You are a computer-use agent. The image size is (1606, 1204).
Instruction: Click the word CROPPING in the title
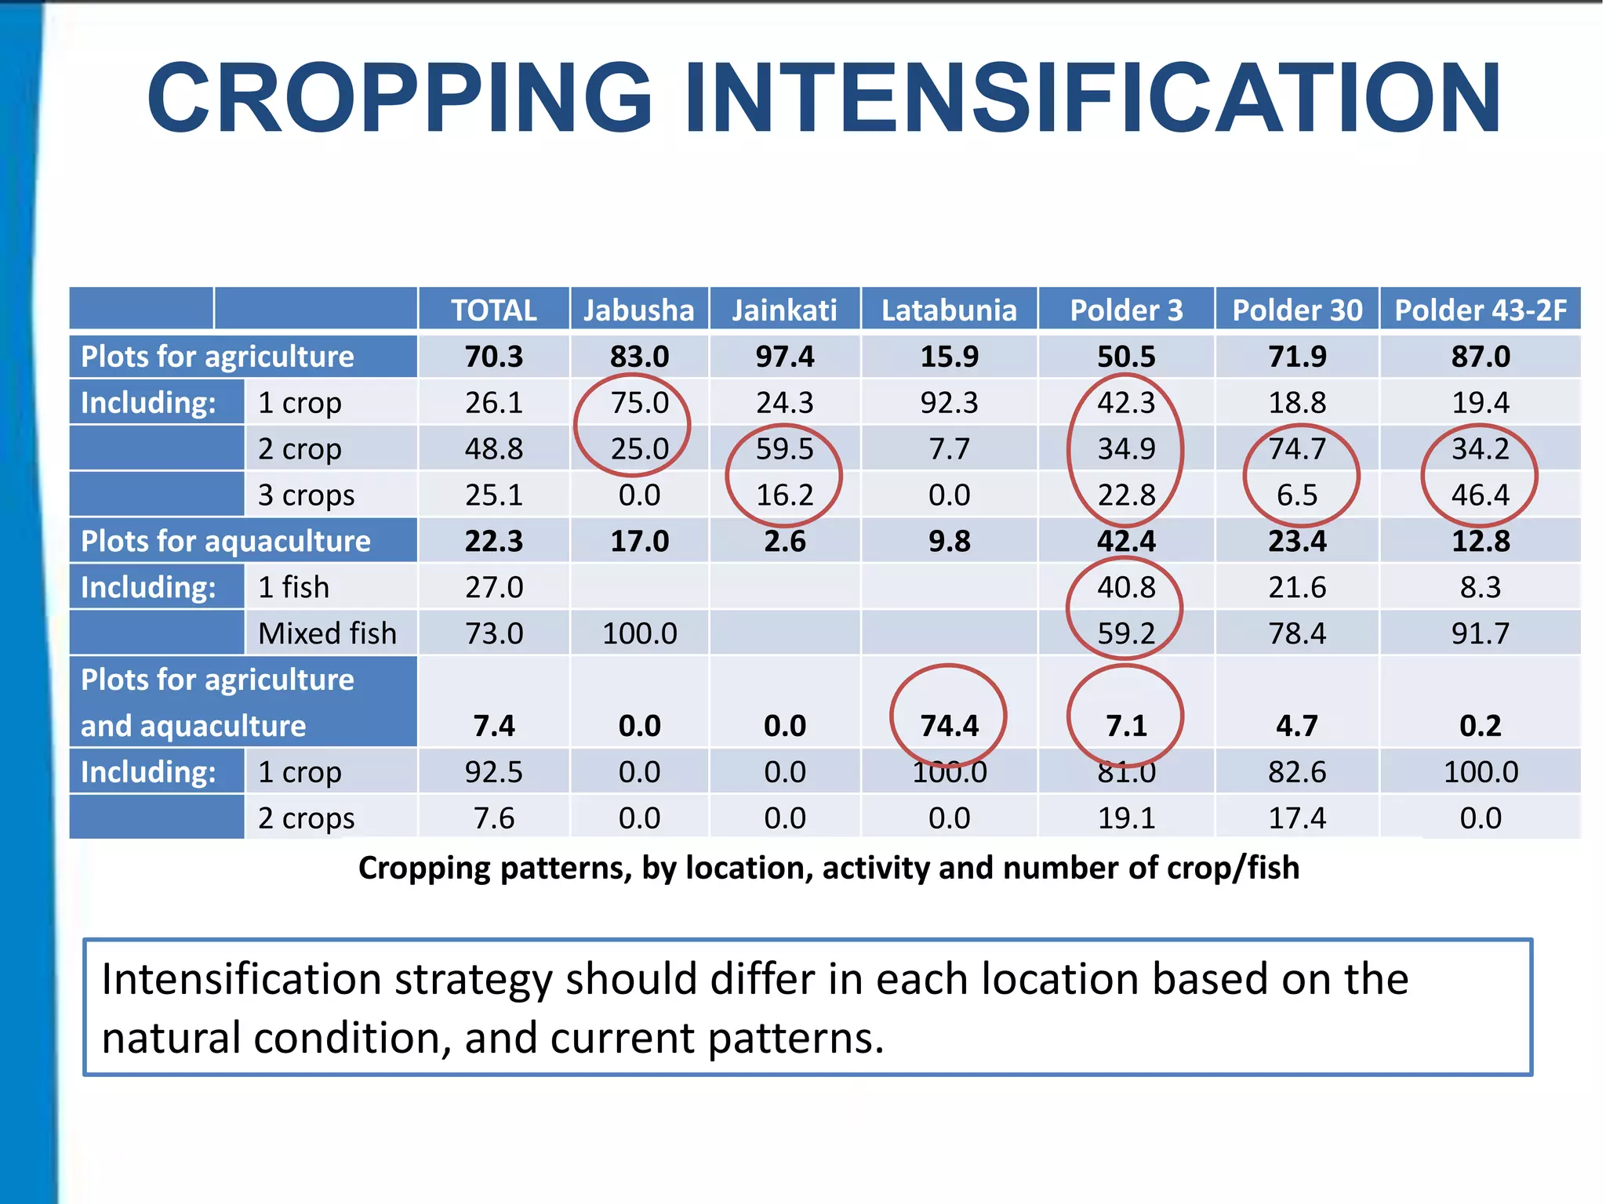point(400,98)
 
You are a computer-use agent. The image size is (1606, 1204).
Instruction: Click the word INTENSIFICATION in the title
point(1093,98)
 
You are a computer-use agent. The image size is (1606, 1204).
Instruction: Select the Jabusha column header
point(638,310)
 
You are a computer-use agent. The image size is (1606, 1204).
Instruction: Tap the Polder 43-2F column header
point(1480,310)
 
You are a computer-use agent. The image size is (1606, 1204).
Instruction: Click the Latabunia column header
point(949,310)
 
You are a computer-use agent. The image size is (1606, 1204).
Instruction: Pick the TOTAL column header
point(493,310)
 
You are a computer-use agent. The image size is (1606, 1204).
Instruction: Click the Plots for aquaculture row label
point(225,542)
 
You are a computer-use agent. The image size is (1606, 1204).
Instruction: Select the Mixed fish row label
point(327,633)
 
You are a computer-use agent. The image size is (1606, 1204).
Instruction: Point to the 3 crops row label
point(306,495)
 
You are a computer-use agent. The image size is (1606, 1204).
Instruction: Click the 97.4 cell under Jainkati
point(784,357)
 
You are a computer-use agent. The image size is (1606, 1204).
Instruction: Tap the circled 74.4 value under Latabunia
point(949,726)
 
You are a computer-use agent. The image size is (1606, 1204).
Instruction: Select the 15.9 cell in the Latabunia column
point(949,357)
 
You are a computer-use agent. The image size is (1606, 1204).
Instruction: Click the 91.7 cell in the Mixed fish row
point(1480,633)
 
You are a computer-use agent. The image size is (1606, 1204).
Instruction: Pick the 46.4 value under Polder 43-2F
point(1480,495)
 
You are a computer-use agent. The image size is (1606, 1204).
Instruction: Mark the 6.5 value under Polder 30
point(1297,495)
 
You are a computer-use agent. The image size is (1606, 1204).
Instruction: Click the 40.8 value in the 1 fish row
point(1126,587)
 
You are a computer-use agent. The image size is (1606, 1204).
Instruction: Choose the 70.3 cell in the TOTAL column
point(493,357)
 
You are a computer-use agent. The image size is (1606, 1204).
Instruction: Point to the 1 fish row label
point(293,587)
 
